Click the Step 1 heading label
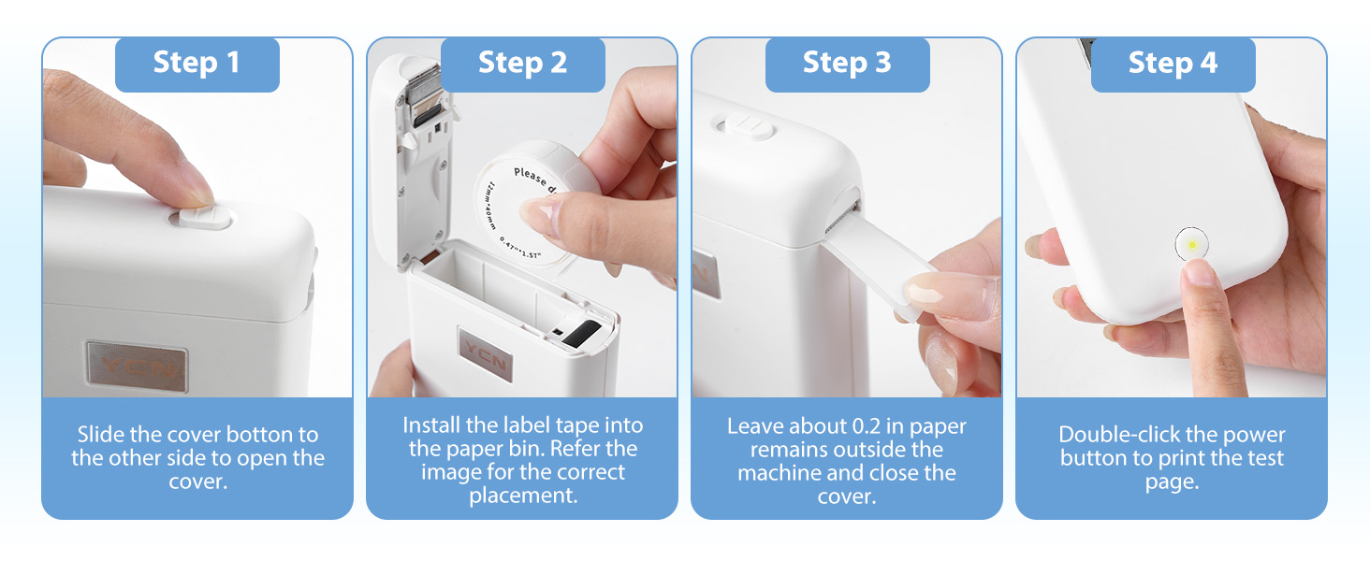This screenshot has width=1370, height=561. (197, 64)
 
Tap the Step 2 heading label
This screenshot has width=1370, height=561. (522, 64)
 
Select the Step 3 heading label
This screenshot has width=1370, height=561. (847, 64)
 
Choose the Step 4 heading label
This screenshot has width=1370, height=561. (1173, 64)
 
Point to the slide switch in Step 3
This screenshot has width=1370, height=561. (743, 126)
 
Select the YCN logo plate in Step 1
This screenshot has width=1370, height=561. (137, 367)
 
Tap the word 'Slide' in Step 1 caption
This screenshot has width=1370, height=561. (100, 435)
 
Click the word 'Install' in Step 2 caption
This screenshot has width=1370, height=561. (432, 425)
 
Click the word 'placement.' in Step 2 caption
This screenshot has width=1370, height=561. (523, 496)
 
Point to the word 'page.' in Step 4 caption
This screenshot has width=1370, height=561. (1172, 482)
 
